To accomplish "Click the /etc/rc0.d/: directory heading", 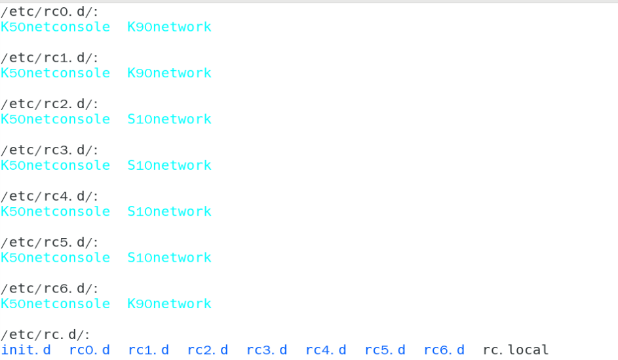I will tap(49, 12).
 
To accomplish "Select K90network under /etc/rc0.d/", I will tap(169, 27).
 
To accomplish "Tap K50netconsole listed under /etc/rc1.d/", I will tap(55, 73).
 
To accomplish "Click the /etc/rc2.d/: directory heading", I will tap(49, 104).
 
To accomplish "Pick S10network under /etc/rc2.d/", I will tap(169, 119).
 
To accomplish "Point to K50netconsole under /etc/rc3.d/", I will tap(55, 165).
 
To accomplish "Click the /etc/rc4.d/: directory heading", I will tap(49, 197).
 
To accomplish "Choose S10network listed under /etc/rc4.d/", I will tap(169, 212).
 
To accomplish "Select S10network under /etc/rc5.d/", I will tap(169, 258).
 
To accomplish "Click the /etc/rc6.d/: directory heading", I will tap(49, 289).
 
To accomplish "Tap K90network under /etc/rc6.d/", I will tap(169, 304).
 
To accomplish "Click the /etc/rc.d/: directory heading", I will tap(45, 335).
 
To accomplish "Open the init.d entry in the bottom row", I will tap(26, 350).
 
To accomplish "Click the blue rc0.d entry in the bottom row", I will tap(89, 350).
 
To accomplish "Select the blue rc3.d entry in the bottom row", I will tap(267, 350).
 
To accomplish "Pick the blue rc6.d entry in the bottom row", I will tap(444, 350).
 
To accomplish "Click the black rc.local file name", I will tap(515, 350).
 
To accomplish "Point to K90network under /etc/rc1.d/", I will tap(169, 73).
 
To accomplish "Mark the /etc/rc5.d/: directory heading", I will tap(49, 243).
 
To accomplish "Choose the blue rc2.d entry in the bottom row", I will tap(208, 350).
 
